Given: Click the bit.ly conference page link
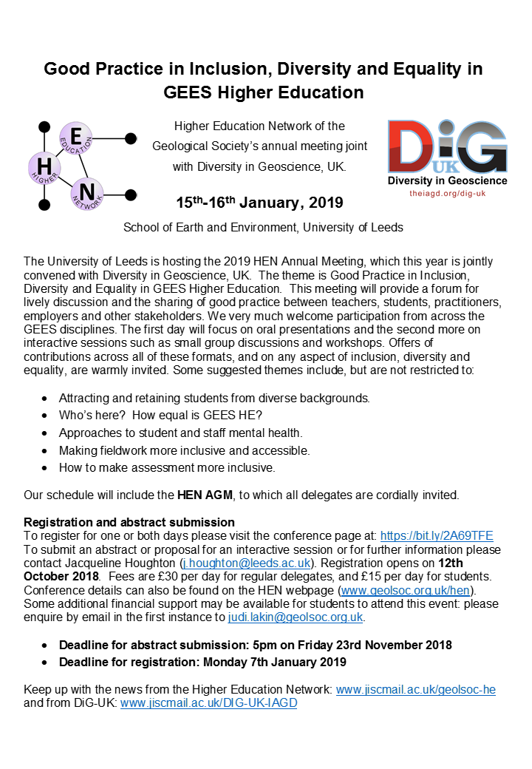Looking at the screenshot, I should pos(436,536).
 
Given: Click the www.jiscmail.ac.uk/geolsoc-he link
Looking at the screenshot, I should pos(415,689).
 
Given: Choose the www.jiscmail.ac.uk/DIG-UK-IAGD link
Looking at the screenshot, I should pos(208,702).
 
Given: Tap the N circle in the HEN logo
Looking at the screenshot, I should pos(86,194).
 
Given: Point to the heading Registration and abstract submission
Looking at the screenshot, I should pos(129,523).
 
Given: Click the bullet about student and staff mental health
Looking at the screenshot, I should pos(181,433).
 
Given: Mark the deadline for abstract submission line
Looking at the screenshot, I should pos(256,645).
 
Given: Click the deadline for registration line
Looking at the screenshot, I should pos(202,662).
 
